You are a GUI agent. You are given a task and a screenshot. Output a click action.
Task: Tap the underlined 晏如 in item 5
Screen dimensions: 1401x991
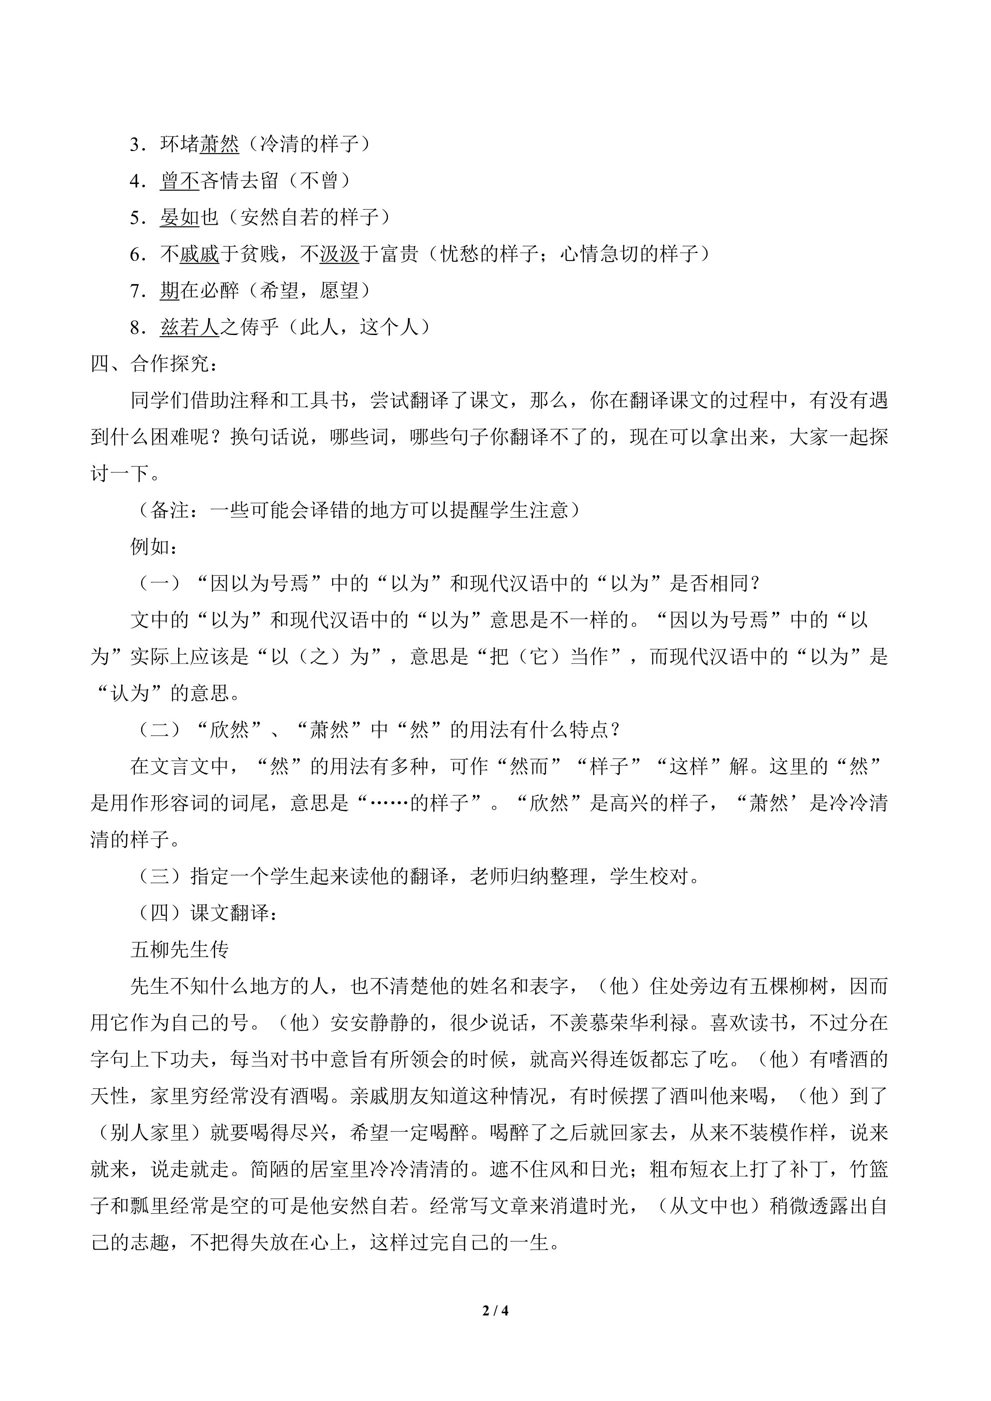[x=180, y=217]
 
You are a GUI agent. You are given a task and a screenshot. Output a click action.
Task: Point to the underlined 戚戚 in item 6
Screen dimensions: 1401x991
[x=199, y=254]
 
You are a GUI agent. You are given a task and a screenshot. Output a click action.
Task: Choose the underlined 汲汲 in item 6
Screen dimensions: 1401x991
[x=339, y=254]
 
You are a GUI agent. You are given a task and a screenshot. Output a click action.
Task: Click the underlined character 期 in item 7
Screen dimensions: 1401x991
[x=170, y=290]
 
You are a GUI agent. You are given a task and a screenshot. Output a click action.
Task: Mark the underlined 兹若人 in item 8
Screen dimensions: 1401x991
[x=190, y=327]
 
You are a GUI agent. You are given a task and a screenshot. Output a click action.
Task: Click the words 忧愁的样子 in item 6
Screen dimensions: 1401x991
[x=489, y=254]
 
